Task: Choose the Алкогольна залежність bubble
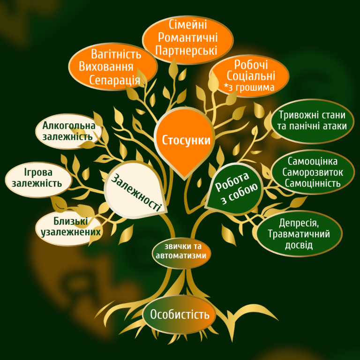point(69,131)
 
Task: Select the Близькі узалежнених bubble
point(68,227)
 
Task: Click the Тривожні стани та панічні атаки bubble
point(312,120)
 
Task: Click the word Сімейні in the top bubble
point(187,25)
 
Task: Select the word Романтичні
point(187,37)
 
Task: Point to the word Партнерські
point(187,50)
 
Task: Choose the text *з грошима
point(249,87)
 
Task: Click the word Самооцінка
point(313,161)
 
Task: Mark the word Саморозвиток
point(313,172)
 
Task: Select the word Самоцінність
point(313,183)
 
